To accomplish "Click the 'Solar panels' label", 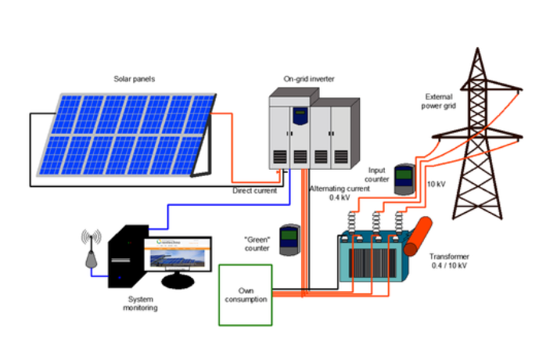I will (x=135, y=78).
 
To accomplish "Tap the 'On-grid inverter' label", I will (x=308, y=78).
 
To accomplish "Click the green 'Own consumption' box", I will (x=246, y=294).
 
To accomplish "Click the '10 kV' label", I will (x=437, y=184).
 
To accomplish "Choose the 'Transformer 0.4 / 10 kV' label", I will (x=451, y=263).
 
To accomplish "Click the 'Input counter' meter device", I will (x=403, y=179).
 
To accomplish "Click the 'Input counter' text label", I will (x=378, y=175).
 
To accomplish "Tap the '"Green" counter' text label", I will (x=256, y=243).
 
